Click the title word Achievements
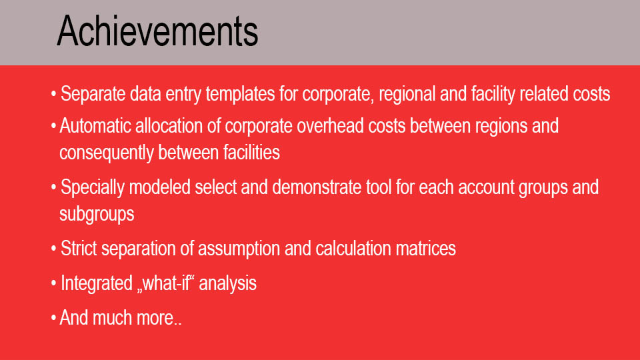pyautogui.click(x=157, y=31)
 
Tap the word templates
pyautogui.click(x=240, y=94)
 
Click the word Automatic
pyautogui.click(x=95, y=126)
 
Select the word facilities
pyautogui.click(x=251, y=152)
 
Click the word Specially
pyautogui.click(x=92, y=187)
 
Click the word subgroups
pyautogui.click(x=97, y=214)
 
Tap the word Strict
pyautogui.click(x=79, y=248)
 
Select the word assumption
pyautogui.click(x=239, y=249)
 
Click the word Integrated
pyautogui.click(x=97, y=283)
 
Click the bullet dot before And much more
pyautogui.click(x=53, y=318)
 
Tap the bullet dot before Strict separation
pyautogui.click(x=53, y=249)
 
